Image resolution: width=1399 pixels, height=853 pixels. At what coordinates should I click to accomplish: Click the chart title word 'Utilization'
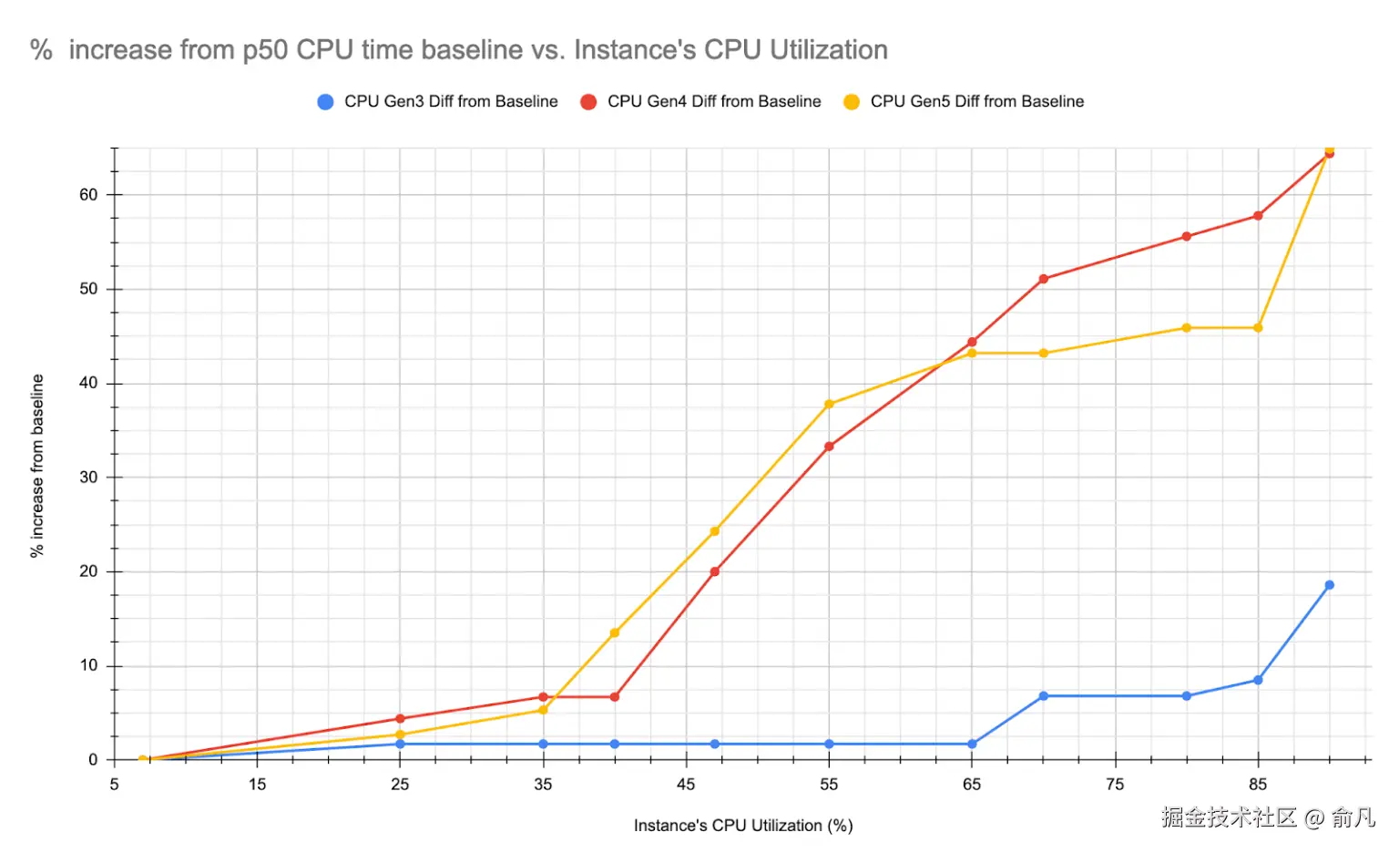829,49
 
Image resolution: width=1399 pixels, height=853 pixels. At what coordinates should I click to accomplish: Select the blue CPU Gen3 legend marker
325,102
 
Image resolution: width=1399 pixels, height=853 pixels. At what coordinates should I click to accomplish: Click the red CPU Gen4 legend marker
588,102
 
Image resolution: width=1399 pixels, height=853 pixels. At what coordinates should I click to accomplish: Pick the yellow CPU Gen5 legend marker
852,102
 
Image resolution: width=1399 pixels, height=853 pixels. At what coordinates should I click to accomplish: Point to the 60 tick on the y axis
88,195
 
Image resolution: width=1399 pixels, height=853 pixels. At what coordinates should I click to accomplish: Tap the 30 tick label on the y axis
88,478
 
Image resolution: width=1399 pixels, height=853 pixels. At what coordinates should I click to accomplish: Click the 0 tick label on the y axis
93,760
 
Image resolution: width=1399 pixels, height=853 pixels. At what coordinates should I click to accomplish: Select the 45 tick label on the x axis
686,785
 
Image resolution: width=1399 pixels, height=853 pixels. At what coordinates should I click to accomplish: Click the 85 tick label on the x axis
1258,785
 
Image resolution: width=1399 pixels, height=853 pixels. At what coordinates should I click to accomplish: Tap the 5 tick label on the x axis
115,785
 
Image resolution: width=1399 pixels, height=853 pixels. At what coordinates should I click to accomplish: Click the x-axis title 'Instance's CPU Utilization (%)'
743,826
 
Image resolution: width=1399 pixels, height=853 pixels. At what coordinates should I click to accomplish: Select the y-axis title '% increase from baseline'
37,466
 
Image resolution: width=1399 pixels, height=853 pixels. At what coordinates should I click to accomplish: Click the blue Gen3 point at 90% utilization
1329,585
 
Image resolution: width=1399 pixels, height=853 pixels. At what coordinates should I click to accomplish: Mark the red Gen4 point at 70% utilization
1043,279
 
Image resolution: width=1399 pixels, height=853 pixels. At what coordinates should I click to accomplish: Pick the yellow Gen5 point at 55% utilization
829,404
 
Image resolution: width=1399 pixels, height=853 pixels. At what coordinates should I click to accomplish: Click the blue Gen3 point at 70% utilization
1043,696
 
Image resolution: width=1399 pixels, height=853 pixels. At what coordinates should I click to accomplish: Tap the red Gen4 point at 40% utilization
615,697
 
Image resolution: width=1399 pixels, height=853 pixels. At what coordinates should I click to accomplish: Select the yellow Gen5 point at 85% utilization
1258,328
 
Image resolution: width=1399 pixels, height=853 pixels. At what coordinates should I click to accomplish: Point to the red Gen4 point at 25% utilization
400,719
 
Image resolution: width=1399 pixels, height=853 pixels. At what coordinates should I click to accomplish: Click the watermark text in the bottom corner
1268,817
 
